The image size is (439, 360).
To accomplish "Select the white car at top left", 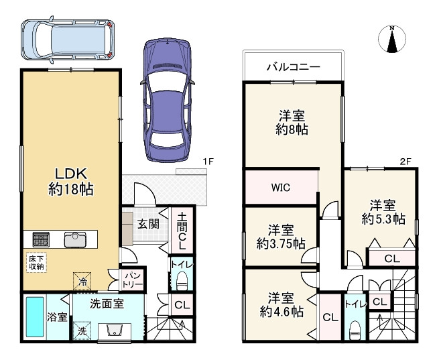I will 64,38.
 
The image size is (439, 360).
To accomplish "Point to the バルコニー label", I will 293,67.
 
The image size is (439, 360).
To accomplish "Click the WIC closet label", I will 281,188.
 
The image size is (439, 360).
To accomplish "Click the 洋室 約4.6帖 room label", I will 280,304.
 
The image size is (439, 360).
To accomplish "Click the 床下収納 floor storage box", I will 36,262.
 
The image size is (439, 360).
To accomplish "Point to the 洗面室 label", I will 107,304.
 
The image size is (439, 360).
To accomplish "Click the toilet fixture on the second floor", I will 355,330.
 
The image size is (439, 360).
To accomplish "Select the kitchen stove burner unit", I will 39,239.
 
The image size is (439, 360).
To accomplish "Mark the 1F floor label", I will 208,162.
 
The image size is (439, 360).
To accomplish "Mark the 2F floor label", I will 405,162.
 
